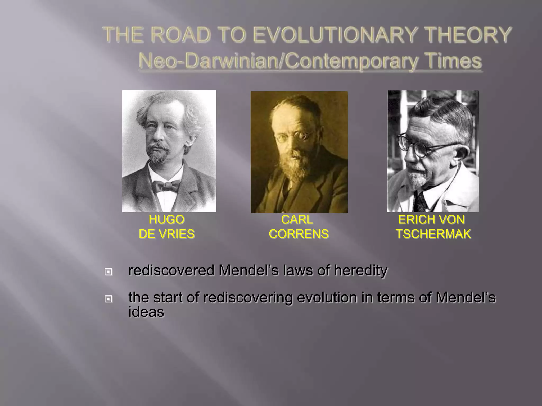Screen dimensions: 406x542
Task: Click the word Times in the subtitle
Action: click(x=451, y=61)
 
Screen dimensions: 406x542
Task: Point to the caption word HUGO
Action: click(x=166, y=220)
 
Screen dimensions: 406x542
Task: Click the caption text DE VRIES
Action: click(x=166, y=234)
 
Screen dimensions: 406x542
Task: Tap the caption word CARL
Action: click(x=297, y=220)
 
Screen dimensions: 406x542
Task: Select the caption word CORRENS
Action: click(x=299, y=234)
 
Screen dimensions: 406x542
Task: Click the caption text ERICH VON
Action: click(x=431, y=220)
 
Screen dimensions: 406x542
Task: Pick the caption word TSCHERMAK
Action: click(x=433, y=234)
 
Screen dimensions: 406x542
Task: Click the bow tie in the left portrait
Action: click(x=166, y=186)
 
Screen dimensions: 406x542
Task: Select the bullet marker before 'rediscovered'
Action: click(x=108, y=272)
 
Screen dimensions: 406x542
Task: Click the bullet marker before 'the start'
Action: click(x=108, y=299)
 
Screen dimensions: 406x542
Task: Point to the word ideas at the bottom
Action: click(x=146, y=312)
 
